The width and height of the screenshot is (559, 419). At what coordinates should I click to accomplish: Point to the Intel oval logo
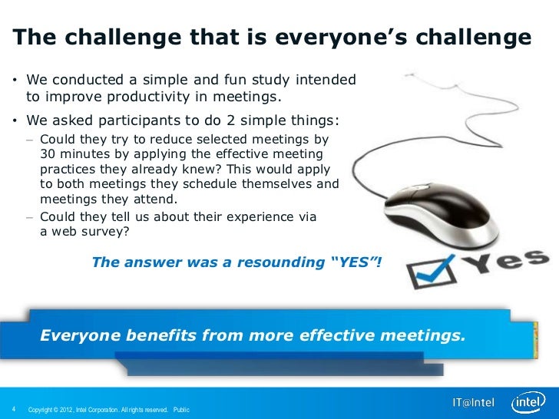pos(529,403)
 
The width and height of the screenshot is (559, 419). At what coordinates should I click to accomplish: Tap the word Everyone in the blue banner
pos(81,335)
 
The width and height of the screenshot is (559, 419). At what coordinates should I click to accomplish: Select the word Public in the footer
pos(181,409)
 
